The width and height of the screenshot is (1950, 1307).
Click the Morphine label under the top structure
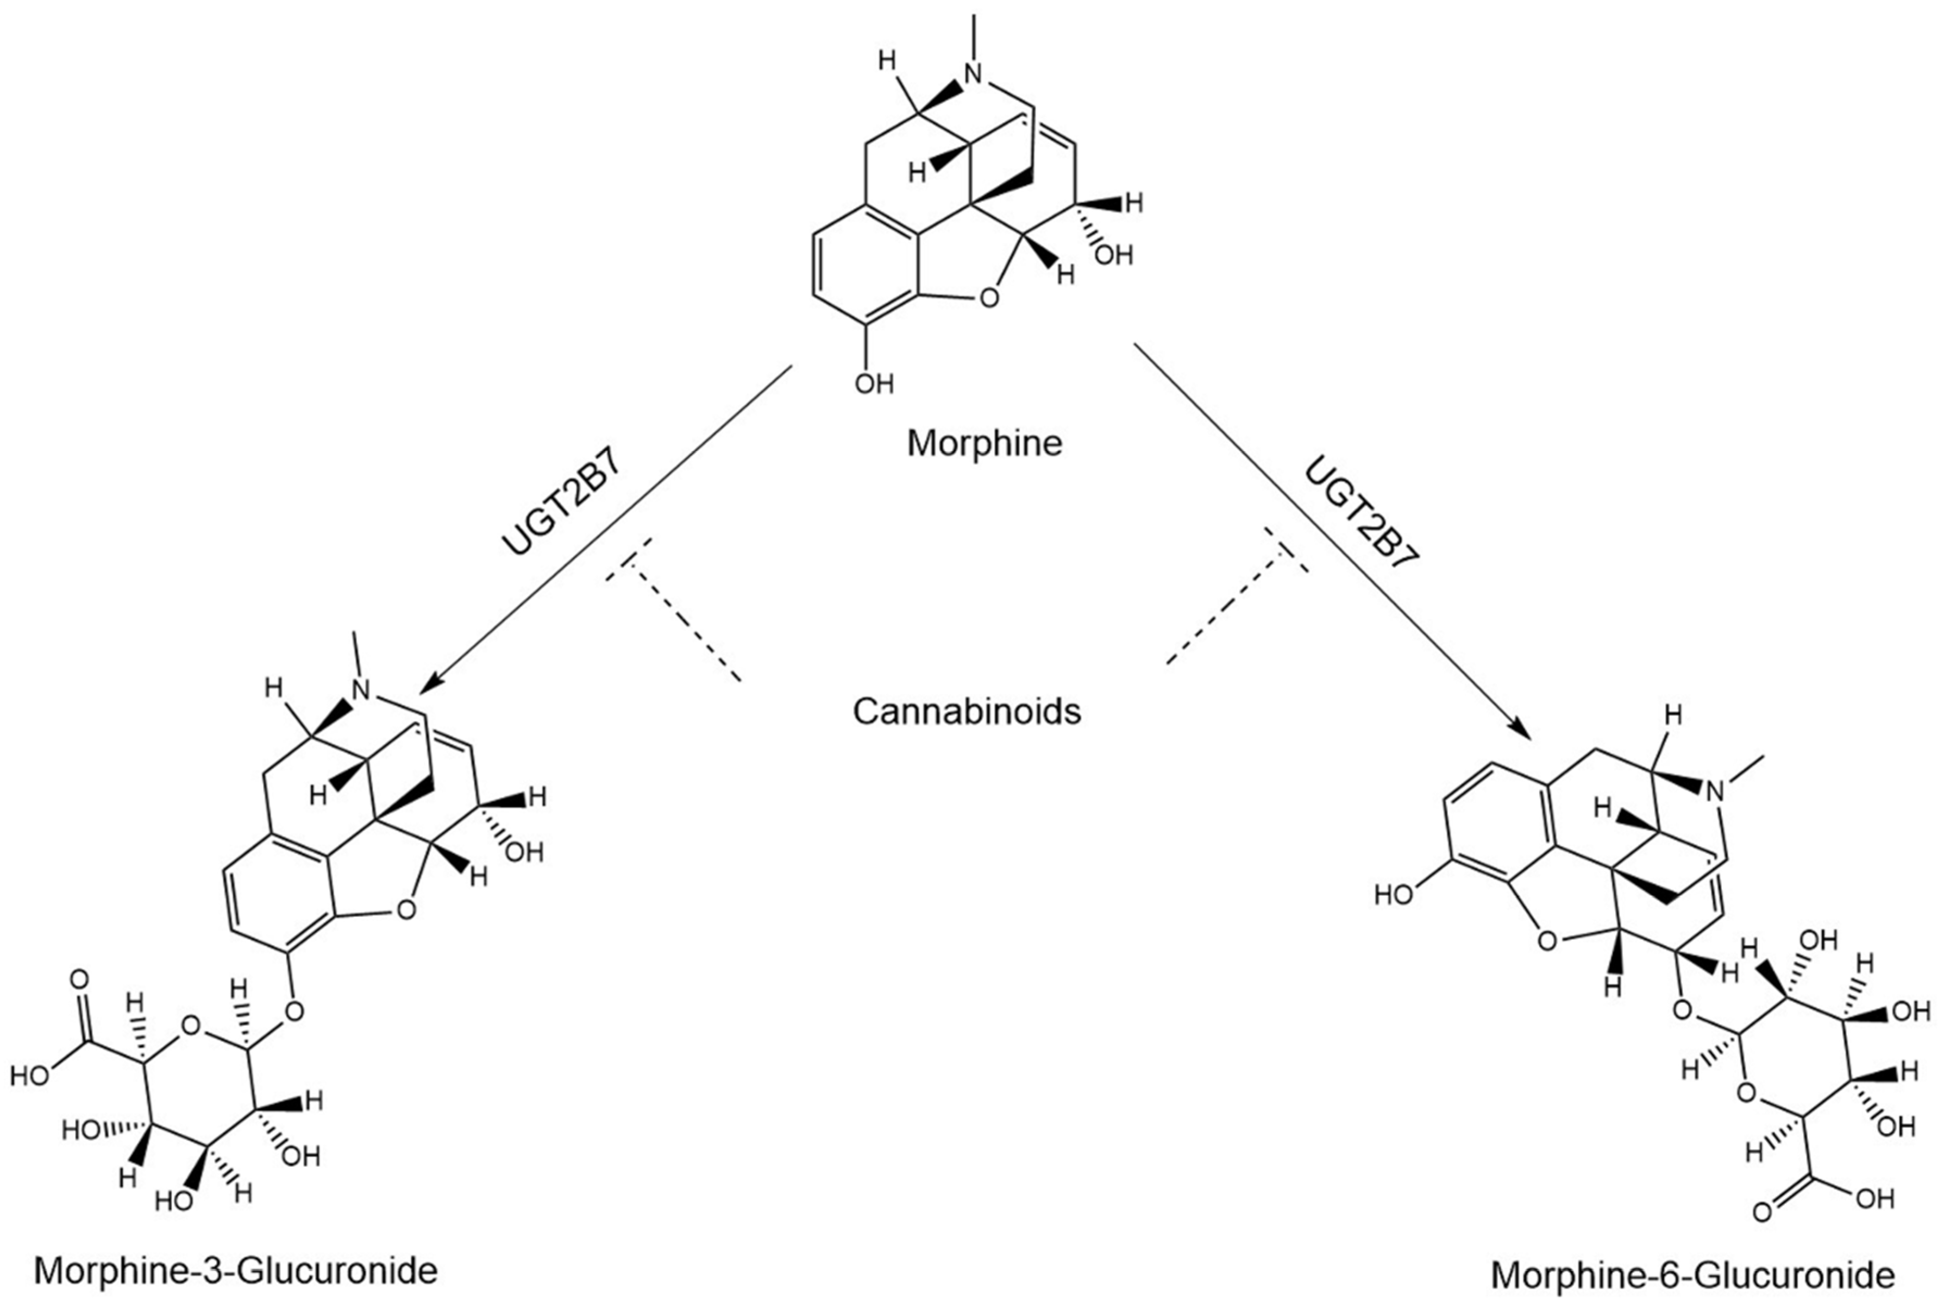coord(984,443)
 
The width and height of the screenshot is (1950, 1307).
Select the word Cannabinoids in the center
coord(966,712)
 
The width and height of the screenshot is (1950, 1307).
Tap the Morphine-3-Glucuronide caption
coord(236,1271)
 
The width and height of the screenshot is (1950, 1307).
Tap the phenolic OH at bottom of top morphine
coord(874,384)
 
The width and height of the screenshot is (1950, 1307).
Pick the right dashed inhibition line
coord(1226,613)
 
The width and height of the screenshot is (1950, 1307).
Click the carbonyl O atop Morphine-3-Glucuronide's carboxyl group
coord(79,978)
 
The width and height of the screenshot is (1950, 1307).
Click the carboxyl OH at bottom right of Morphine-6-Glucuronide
coord(1876,1199)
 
